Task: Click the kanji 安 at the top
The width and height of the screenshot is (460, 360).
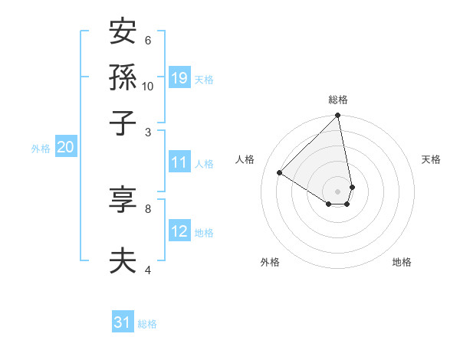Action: pyautogui.click(x=123, y=32)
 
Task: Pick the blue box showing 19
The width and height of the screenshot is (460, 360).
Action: pyautogui.click(x=179, y=77)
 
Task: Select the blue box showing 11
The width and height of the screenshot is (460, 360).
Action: pyautogui.click(x=179, y=162)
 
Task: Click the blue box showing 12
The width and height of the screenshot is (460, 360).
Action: pyautogui.click(x=179, y=231)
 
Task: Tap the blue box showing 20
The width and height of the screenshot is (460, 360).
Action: pyautogui.click(x=66, y=148)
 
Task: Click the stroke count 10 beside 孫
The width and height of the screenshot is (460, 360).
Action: pyautogui.click(x=148, y=87)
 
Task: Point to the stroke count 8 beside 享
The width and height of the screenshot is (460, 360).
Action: pyautogui.click(x=148, y=208)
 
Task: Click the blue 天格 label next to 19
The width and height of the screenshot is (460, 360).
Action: pyautogui.click(x=204, y=79)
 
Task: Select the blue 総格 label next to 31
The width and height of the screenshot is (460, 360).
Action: pyautogui.click(x=147, y=324)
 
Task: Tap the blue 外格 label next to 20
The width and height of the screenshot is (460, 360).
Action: pyautogui.click(x=41, y=149)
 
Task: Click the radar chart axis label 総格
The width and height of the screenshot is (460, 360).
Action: pyautogui.click(x=338, y=100)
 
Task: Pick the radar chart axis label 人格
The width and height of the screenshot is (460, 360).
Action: pyautogui.click(x=245, y=159)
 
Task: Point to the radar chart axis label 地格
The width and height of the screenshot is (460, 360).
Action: pyautogui.click(x=402, y=263)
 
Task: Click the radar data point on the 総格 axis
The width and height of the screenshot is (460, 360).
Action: pyautogui.click(x=338, y=116)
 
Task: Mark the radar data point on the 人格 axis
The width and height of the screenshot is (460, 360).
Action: pyautogui.click(x=280, y=173)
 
